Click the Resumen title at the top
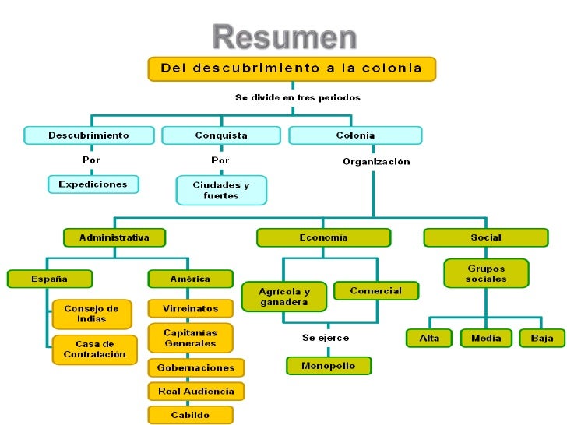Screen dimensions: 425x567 point(285,37)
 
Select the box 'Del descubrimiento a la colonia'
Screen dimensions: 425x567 point(291,68)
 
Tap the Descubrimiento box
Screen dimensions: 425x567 point(88,135)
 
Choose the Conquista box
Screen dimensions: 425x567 point(221,135)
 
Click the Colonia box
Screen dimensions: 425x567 point(355,135)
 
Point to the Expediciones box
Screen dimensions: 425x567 point(93,184)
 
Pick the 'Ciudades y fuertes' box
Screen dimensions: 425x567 point(221,190)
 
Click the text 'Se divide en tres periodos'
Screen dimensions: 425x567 point(298,98)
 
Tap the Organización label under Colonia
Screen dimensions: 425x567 point(376,162)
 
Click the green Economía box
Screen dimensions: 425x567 point(323,237)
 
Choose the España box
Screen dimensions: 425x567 point(49,279)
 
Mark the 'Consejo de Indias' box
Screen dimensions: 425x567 point(92,314)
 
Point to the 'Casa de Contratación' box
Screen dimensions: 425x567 point(94,349)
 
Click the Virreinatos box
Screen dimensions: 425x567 point(190,308)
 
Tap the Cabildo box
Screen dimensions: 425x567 point(190,415)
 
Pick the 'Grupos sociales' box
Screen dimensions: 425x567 point(486,273)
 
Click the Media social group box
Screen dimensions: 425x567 point(486,338)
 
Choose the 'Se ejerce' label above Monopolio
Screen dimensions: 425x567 point(326,338)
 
